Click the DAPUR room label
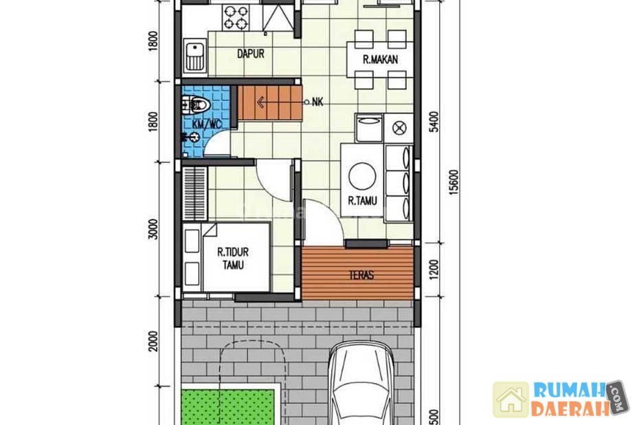coord(251,54)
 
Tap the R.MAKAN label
coord(380,60)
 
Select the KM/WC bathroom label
coord(208,124)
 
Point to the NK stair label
coord(317,102)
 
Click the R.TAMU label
coord(362,201)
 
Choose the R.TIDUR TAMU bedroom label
coord(233,259)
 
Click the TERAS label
coord(361,275)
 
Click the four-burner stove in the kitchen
coord(235,17)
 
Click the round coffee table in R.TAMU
coord(362,176)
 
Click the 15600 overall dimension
coord(455,182)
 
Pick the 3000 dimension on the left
coord(153,229)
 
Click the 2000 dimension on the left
coord(153,341)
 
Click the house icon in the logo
coord(511,400)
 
